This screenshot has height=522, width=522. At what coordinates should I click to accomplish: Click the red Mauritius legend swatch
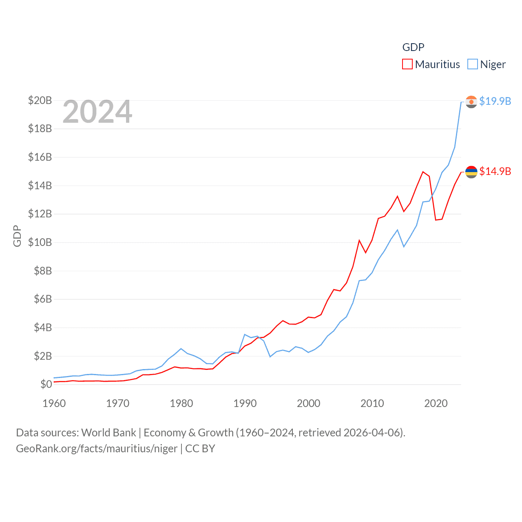tap(407, 64)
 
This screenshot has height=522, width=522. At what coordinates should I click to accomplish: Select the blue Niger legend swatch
tap(472, 64)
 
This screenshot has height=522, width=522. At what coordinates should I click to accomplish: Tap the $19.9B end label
tap(495, 101)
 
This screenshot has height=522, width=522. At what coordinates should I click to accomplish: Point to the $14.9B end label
tap(495, 171)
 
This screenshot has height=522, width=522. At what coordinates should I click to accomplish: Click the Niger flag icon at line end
tap(471, 102)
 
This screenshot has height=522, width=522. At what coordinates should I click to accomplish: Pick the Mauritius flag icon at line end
tap(471, 172)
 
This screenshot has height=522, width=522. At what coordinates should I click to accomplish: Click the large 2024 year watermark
tap(97, 112)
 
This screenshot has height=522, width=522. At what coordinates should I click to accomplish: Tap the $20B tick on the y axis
tap(40, 100)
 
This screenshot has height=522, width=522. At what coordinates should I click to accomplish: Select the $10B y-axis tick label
tap(40, 242)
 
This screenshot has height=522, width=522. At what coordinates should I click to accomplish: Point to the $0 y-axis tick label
tap(46, 384)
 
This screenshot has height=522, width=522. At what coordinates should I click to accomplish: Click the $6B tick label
tap(43, 299)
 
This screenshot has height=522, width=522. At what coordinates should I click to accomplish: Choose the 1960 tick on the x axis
tap(54, 403)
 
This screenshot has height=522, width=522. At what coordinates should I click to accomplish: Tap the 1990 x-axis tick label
tap(245, 403)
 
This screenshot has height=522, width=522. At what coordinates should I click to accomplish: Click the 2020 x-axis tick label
tap(436, 403)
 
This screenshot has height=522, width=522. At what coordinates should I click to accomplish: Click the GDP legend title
tap(413, 47)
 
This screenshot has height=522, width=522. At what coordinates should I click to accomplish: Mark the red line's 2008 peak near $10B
tap(359, 241)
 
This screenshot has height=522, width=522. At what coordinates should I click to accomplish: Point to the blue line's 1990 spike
tap(245, 334)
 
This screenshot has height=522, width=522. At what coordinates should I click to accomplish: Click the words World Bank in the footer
tap(109, 432)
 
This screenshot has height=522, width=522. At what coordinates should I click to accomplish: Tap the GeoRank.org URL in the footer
tap(97, 449)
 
